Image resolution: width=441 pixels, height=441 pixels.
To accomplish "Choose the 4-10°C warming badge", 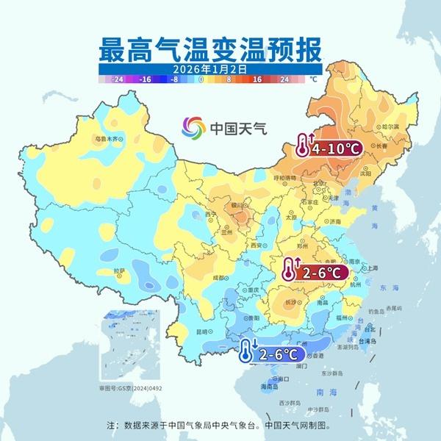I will point(329,148).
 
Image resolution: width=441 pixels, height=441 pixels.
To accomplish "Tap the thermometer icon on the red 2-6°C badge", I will point(289,273).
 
